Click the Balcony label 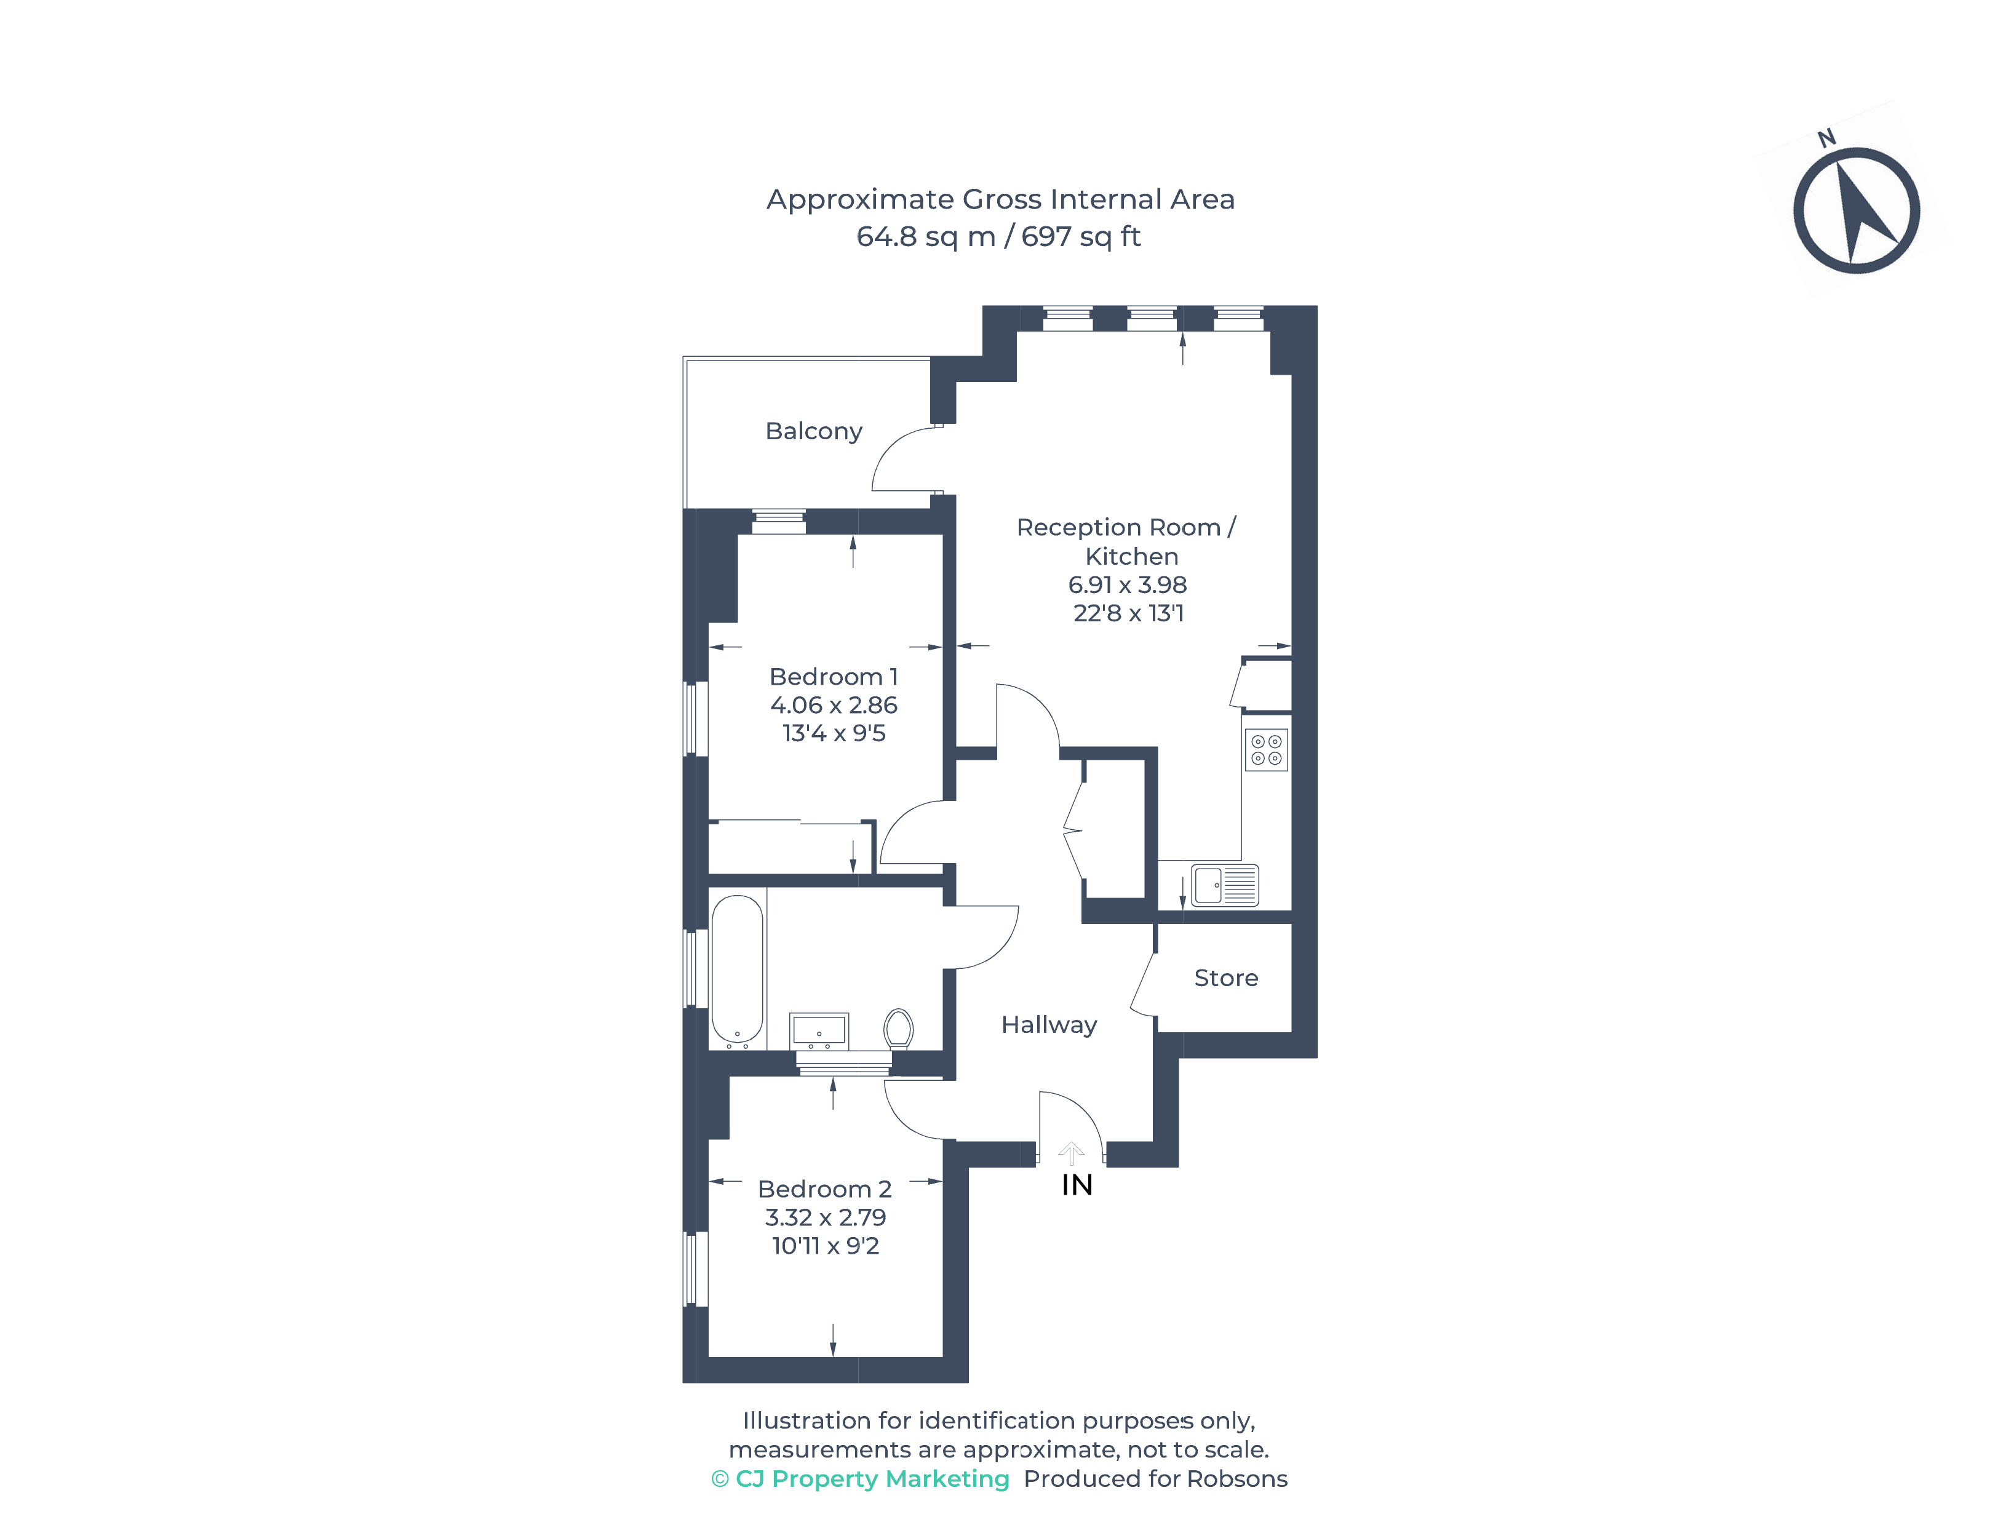(813, 432)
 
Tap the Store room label (1225, 978)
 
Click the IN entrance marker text (1077, 1185)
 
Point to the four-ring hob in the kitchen (1266, 750)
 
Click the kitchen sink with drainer (1224, 885)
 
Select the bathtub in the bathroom (737, 968)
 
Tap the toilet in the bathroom (899, 1029)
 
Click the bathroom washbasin (819, 1031)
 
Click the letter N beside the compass (1826, 138)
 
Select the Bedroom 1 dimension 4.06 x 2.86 (833, 706)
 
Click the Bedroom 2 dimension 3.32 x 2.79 (825, 1217)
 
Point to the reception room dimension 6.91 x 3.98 (1127, 584)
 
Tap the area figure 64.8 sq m (926, 237)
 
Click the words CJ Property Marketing (872, 1479)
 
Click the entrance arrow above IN (1071, 1153)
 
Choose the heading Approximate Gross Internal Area (1000, 200)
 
